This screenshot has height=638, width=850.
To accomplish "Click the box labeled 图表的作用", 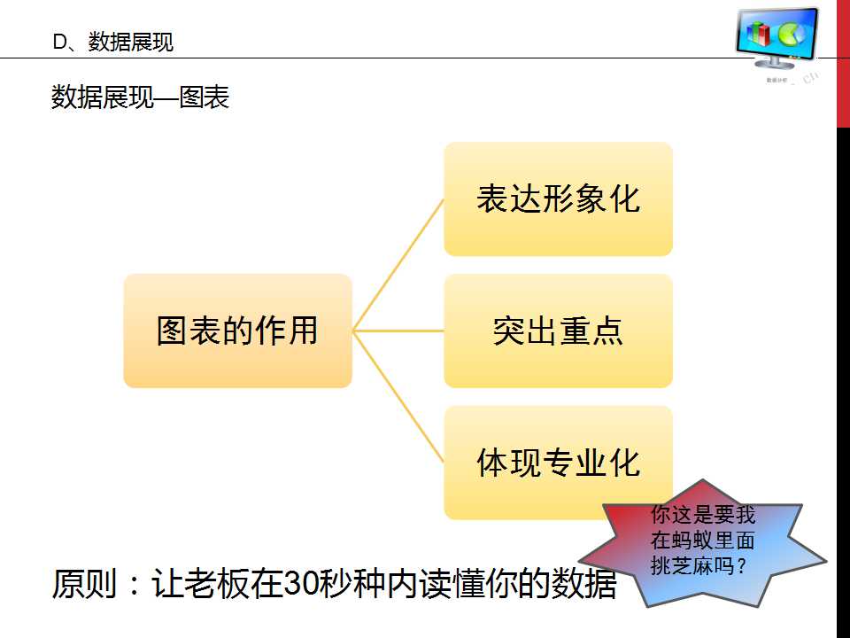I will [x=237, y=331].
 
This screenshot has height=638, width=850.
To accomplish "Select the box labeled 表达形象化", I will [x=558, y=198].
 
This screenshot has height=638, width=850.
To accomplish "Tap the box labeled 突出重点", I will [x=558, y=331].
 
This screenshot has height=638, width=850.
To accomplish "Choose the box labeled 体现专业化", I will [x=558, y=462].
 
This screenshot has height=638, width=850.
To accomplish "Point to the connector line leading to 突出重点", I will [x=398, y=331].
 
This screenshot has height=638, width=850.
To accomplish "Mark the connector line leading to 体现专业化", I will [x=398, y=396].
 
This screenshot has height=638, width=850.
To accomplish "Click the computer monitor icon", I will [x=777, y=39].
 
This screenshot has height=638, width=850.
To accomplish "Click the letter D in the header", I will [x=59, y=42].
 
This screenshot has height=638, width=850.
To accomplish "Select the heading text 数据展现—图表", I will [x=140, y=97].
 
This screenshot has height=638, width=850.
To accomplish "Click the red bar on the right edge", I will [x=843, y=62].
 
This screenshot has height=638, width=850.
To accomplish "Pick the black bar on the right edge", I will [x=843, y=381].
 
